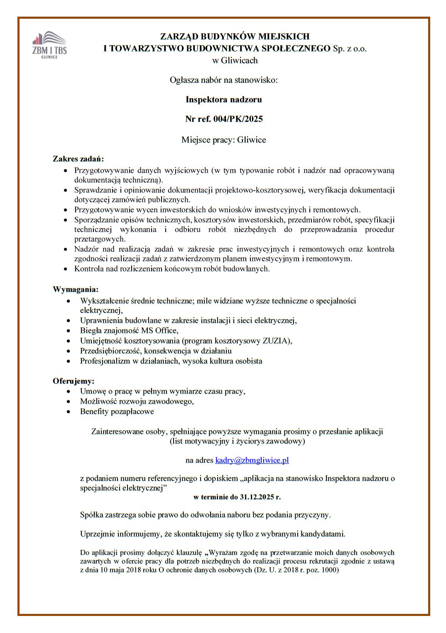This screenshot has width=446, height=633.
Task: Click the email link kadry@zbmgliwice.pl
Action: (x=252, y=460)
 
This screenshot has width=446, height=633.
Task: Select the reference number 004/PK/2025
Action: (x=238, y=119)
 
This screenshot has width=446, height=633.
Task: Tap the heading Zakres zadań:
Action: (x=78, y=158)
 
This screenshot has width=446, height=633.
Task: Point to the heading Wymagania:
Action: (x=76, y=289)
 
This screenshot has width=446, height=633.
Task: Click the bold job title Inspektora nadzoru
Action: (x=223, y=99)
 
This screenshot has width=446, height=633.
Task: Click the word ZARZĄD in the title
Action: (x=178, y=37)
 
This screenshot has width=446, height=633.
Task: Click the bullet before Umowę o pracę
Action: (x=69, y=392)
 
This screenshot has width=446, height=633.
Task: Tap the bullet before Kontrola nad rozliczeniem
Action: (x=65, y=269)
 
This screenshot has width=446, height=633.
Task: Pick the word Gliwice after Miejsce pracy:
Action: (x=251, y=140)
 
